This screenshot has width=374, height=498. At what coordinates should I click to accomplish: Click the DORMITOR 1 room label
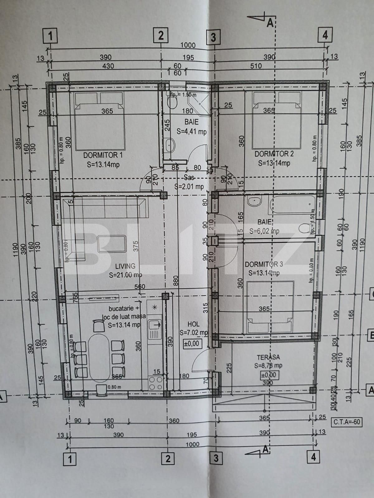pos(103,155)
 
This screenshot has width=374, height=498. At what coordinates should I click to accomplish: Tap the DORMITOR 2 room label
pos(274,153)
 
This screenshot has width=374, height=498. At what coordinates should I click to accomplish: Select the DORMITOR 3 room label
pos(264,264)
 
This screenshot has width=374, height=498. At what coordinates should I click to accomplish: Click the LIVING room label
pos(125,266)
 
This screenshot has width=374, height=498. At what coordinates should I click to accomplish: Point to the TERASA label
pos(268,357)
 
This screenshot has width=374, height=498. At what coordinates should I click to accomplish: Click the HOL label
pos(193,324)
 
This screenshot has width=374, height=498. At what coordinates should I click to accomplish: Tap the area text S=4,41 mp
pos(191,132)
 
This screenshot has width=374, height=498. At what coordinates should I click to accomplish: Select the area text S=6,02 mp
pos(264,231)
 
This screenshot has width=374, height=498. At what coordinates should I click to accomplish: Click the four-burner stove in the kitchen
pos(156,383)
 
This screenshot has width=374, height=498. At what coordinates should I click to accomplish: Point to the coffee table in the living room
pos(112,244)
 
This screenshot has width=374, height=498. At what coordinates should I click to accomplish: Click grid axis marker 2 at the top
pos(161,35)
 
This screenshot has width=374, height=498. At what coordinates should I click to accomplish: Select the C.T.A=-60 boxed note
pos(346,422)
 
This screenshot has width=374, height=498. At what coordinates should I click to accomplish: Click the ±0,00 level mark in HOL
pos(191,344)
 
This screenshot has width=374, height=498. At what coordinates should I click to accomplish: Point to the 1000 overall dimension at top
pos(188,45)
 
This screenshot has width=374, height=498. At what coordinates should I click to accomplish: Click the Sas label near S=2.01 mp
pos(189,178)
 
